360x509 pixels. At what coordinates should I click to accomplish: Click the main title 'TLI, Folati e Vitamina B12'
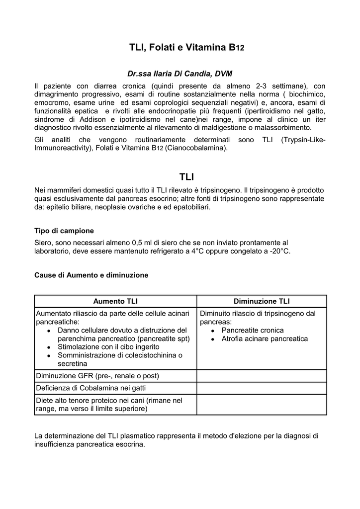pyautogui.click(x=186, y=48)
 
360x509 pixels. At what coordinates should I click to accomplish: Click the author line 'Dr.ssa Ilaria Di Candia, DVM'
pyautogui.click(x=180, y=74)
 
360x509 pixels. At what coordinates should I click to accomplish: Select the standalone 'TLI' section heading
pyautogui.click(x=186, y=177)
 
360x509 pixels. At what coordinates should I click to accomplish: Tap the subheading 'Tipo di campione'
pyautogui.click(x=64, y=231)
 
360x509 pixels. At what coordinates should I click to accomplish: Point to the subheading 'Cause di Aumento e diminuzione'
pyautogui.click(x=91, y=275)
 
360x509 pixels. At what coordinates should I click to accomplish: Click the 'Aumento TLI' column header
pyautogui.click(x=115, y=301)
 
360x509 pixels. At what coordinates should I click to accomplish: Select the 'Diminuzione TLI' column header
pyautogui.click(x=262, y=301)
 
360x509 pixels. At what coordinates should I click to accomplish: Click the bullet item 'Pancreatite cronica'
pyautogui.click(x=253, y=330)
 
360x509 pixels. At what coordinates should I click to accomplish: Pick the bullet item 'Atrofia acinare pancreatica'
pyautogui.click(x=265, y=339)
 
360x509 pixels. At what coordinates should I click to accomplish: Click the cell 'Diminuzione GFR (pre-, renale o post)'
pyautogui.click(x=97, y=375)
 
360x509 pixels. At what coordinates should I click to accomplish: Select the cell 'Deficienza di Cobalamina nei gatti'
pyautogui.click(x=91, y=388)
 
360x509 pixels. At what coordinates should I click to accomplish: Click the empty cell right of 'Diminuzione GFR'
pyautogui.click(x=262, y=375)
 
